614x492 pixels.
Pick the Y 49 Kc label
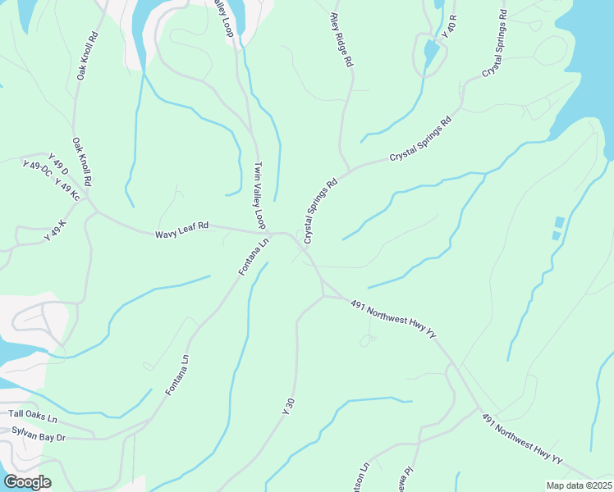pyautogui.click(x=67, y=190)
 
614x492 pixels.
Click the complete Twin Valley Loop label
pyautogui.click(x=259, y=195)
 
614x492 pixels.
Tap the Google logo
pyautogui.click(x=27, y=482)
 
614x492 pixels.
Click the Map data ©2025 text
pyautogui.click(x=580, y=485)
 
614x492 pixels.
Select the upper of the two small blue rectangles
pyautogui.click(x=560, y=221)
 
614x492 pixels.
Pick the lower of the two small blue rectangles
pyautogui.click(x=556, y=236)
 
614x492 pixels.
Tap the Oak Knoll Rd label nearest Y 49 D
pyautogui.click(x=82, y=161)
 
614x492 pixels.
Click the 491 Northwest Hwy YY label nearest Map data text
pyautogui.click(x=522, y=441)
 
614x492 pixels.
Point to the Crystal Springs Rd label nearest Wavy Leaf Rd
pyautogui.click(x=320, y=212)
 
